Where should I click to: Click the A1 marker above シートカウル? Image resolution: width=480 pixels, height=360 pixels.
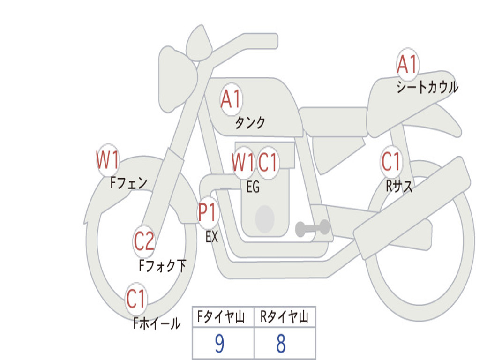(407, 65)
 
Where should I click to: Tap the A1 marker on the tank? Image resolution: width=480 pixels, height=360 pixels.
(231, 99)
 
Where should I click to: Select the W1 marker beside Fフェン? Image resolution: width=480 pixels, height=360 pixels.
(107, 160)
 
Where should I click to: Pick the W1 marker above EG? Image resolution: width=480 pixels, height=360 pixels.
(243, 163)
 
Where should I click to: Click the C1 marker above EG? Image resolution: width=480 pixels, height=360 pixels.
(268, 163)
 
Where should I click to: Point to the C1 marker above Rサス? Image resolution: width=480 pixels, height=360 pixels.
(391, 162)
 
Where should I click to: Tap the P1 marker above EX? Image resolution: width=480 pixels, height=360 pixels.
(208, 213)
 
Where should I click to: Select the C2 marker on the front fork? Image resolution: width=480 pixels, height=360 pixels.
(144, 241)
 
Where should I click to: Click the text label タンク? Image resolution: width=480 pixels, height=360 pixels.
(250, 123)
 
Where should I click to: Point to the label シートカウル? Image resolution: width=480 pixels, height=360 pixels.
(427, 88)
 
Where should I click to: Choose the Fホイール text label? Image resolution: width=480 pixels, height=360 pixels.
(157, 323)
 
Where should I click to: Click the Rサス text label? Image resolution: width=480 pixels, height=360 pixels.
(399, 187)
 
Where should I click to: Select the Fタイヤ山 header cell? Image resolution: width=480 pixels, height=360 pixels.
(223, 317)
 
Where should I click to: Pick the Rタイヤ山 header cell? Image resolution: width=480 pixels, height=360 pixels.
(284, 317)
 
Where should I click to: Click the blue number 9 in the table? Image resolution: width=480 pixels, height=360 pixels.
(219, 344)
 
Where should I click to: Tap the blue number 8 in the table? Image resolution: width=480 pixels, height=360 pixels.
(280, 344)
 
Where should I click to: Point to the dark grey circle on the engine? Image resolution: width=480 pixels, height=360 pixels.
(265, 218)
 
